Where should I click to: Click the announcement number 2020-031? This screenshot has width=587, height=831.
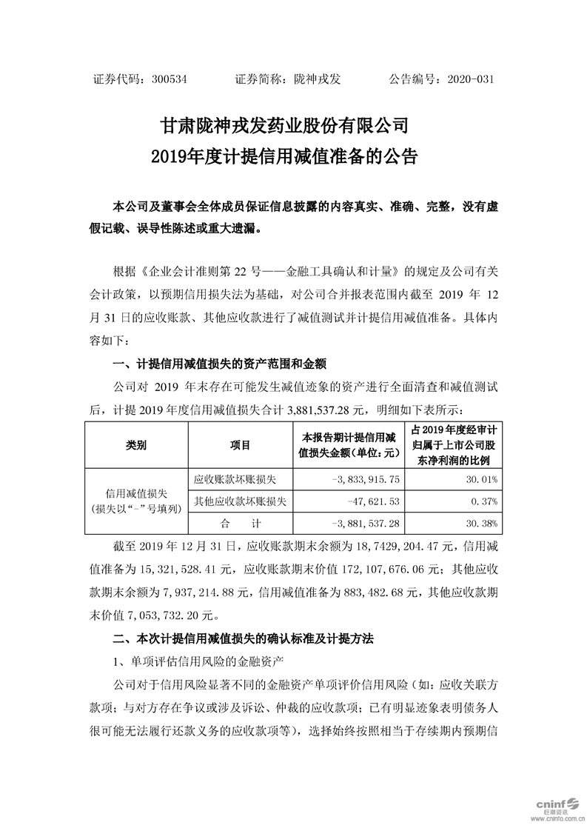470,79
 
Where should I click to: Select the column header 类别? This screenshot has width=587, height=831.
136,445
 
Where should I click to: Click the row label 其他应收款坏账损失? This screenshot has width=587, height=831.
239,502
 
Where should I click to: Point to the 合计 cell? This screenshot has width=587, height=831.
239,524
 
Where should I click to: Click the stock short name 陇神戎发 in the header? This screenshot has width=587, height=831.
316,79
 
